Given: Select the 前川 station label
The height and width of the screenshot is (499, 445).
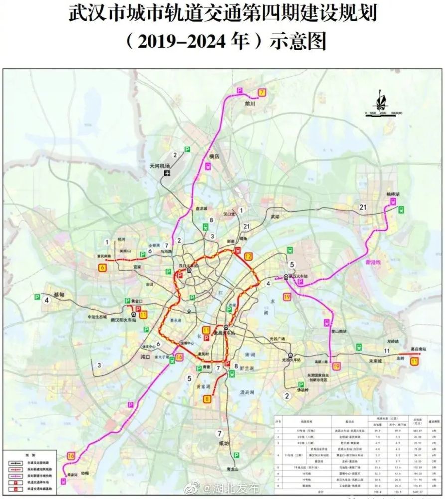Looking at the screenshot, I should pyautogui.click(x=250, y=104).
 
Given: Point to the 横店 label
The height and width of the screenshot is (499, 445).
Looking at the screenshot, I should pyautogui.click(x=214, y=156).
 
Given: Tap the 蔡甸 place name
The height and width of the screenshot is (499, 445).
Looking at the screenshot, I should pyautogui.click(x=59, y=295).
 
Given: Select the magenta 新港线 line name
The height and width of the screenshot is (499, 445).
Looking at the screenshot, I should pyautogui.click(x=373, y=262).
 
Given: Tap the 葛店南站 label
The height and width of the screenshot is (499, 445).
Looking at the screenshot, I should pyautogui.click(x=418, y=349).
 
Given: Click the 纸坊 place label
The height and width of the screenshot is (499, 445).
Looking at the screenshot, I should pyautogui.click(x=222, y=443).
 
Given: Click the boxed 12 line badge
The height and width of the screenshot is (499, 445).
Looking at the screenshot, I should pyautogui.click(x=248, y=256).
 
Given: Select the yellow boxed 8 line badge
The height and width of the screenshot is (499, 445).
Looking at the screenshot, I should pyautogui.click(x=207, y=399).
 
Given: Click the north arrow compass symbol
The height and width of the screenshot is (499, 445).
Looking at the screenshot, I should pyautogui.click(x=381, y=99).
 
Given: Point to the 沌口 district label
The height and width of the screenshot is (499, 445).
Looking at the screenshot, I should pyautogui.click(x=146, y=357).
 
